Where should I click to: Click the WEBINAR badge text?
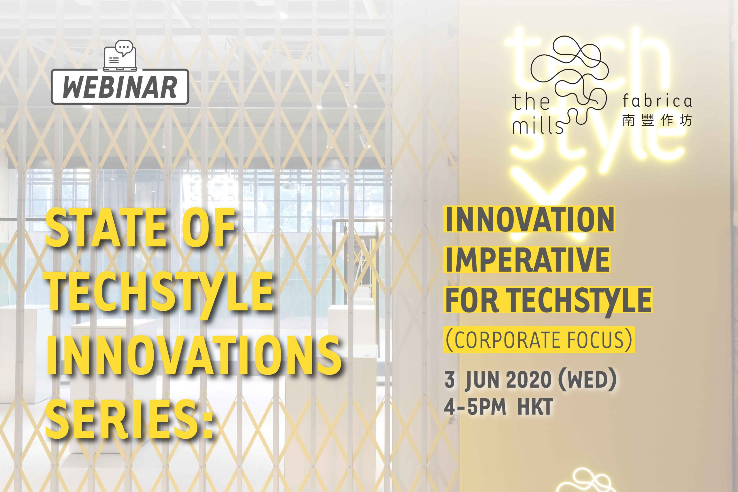coord(120,86)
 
